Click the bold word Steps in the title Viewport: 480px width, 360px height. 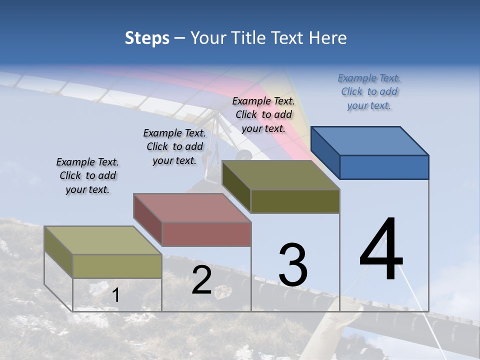[147, 38]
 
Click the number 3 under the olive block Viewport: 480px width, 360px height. [293, 265]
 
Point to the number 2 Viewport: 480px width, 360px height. [201, 280]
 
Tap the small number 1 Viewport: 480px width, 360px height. [115, 295]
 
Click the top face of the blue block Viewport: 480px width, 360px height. [370, 140]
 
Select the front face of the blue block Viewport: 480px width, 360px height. [384, 167]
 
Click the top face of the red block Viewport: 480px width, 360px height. [192, 207]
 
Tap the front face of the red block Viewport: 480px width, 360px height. [206, 234]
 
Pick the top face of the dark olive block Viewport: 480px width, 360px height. [281, 175]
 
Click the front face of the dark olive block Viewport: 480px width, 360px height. [295, 201]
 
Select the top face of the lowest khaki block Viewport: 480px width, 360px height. [102, 240]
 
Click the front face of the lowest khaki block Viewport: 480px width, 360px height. [117, 266]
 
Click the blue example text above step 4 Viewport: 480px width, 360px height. [369, 91]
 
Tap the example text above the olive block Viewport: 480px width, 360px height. [263, 114]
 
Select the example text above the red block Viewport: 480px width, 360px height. [174, 146]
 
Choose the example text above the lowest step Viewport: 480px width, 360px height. [87, 175]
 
